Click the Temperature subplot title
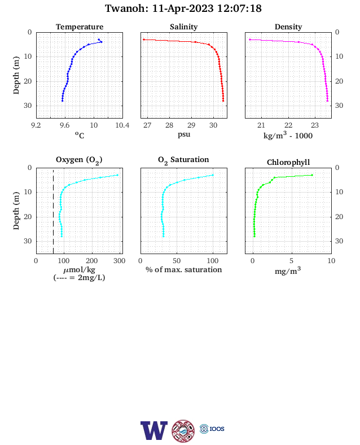80,27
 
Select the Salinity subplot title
184,27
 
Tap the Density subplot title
288,27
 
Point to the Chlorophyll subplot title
288,162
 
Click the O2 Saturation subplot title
183,160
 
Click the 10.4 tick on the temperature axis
122,125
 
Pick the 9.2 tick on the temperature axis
36,125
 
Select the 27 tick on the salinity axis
147,125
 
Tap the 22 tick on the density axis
288,125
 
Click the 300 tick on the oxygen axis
119,261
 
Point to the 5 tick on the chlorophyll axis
291,261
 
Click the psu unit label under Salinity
184,134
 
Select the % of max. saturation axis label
184,269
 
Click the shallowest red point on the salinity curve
144,40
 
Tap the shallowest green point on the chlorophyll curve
312,175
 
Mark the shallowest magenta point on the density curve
250,40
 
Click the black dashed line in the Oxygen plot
53,211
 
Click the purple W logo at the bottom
154,430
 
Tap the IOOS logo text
217,429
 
